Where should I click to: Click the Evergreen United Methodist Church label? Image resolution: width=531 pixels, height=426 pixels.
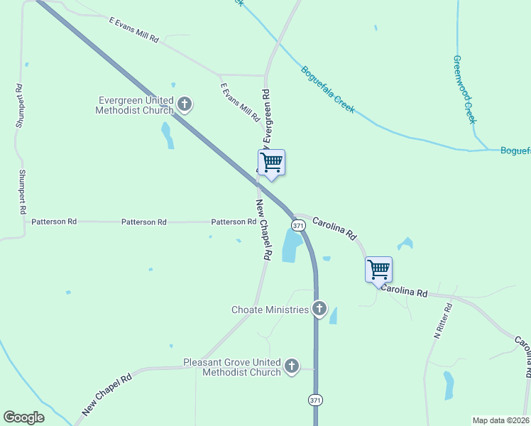click(135, 105)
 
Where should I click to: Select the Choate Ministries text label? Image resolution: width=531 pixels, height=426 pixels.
click(270, 310)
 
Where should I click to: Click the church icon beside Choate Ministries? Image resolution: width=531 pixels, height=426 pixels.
click(319, 309)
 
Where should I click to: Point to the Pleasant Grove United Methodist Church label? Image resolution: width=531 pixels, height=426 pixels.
click(232, 367)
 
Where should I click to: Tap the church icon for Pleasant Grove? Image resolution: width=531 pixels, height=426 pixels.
click(291, 366)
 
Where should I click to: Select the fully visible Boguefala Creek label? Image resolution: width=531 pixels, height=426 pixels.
click(327, 90)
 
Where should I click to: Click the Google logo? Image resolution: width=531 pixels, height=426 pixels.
click(23, 417)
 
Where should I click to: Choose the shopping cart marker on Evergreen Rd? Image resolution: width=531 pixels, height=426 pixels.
click(271, 163)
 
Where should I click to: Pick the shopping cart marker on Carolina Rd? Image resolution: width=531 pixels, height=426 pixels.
click(379, 269)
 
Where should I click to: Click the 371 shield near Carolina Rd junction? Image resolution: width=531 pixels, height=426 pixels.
click(298, 225)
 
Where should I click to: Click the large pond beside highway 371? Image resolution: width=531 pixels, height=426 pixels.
click(292, 246)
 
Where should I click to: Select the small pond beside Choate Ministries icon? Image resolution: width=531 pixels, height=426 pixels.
click(333, 315)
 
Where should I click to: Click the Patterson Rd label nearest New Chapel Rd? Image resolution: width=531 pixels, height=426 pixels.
click(234, 222)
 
